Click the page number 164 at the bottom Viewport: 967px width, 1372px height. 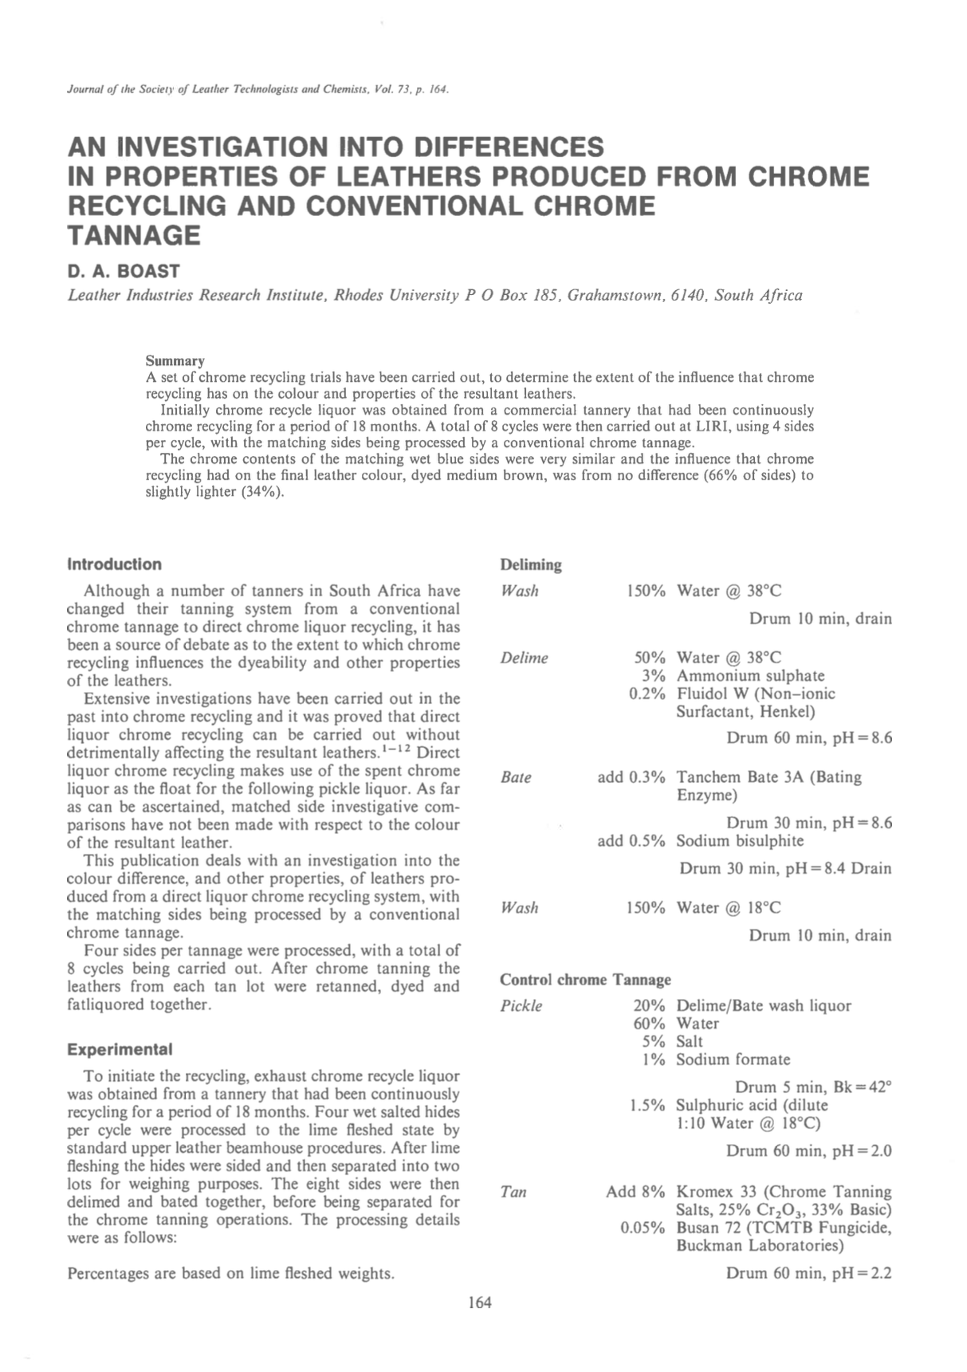tap(480, 1303)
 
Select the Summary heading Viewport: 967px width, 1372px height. tap(175, 361)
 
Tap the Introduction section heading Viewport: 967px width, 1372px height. tap(114, 564)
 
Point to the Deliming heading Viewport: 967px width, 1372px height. tap(530, 565)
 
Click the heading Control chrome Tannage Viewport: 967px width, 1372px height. tap(585, 979)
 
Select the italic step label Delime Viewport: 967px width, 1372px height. tap(524, 658)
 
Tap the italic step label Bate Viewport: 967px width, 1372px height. tap(516, 777)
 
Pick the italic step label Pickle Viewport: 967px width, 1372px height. tap(521, 1006)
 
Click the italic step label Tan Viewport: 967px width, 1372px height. tap(513, 1193)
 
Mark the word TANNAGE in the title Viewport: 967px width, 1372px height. tap(133, 236)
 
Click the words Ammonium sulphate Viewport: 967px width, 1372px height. tap(750, 676)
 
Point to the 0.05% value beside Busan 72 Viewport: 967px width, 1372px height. tap(643, 1228)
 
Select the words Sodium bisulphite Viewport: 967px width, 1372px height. tap(740, 840)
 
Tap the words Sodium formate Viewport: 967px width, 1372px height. tap(733, 1059)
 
